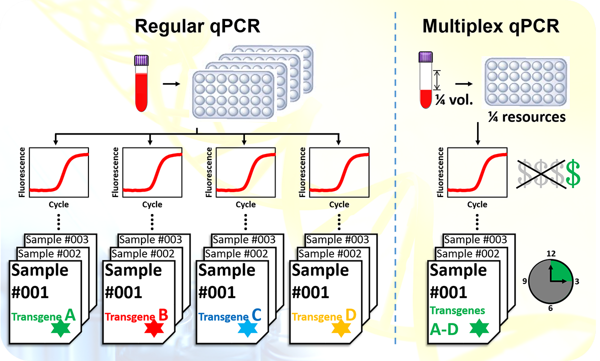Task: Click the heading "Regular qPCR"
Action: (x=197, y=26)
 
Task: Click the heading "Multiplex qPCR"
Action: (x=491, y=26)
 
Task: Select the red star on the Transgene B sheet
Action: (x=153, y=329)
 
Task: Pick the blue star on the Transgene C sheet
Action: (x=247, y=329)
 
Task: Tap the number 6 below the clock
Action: (x=550, y=308)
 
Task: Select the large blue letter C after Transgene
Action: (x=256, y=315)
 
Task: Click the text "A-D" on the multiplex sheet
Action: (x=444, y=329)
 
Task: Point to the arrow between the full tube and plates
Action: (x=171, y=83)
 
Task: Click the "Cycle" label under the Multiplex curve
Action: (x=477, y=204)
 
